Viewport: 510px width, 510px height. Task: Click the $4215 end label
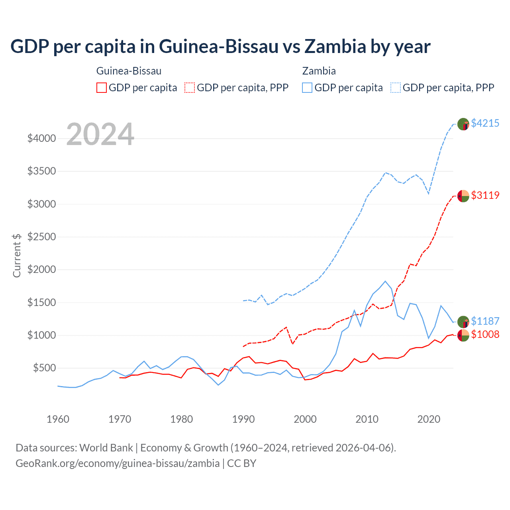[x=485, y=123]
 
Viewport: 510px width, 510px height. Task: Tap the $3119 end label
[x=485, y=195]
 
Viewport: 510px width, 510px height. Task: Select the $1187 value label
[x=485, y=321]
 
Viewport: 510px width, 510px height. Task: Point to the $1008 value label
[x=485, y=334]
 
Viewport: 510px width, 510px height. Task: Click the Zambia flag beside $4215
[x=463, y=124]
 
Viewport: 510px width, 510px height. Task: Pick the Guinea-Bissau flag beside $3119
[x=463, y=196]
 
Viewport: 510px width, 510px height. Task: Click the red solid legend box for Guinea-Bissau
[x=102, y=88]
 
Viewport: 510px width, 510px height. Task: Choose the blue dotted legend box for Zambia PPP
[x=396, y=88]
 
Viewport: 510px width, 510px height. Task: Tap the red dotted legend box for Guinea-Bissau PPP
[x=190, y=88]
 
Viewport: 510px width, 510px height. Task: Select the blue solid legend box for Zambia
[x=307, y=88]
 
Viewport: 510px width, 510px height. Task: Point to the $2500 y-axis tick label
[x=42, y=237]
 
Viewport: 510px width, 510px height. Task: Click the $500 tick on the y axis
[x=44, y=368]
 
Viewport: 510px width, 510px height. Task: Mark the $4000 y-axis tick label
[x=42, y=138]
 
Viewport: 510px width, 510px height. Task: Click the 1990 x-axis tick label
[x=243, y=419]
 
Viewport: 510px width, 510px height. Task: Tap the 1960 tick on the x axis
[x=58, y=419]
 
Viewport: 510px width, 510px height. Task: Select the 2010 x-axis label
[x=367, y=419]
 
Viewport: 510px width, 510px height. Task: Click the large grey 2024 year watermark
[x=100, y=134]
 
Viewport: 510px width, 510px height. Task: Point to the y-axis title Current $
[x=17, y=255]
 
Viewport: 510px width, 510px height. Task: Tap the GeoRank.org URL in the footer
[x=118, y=463]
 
